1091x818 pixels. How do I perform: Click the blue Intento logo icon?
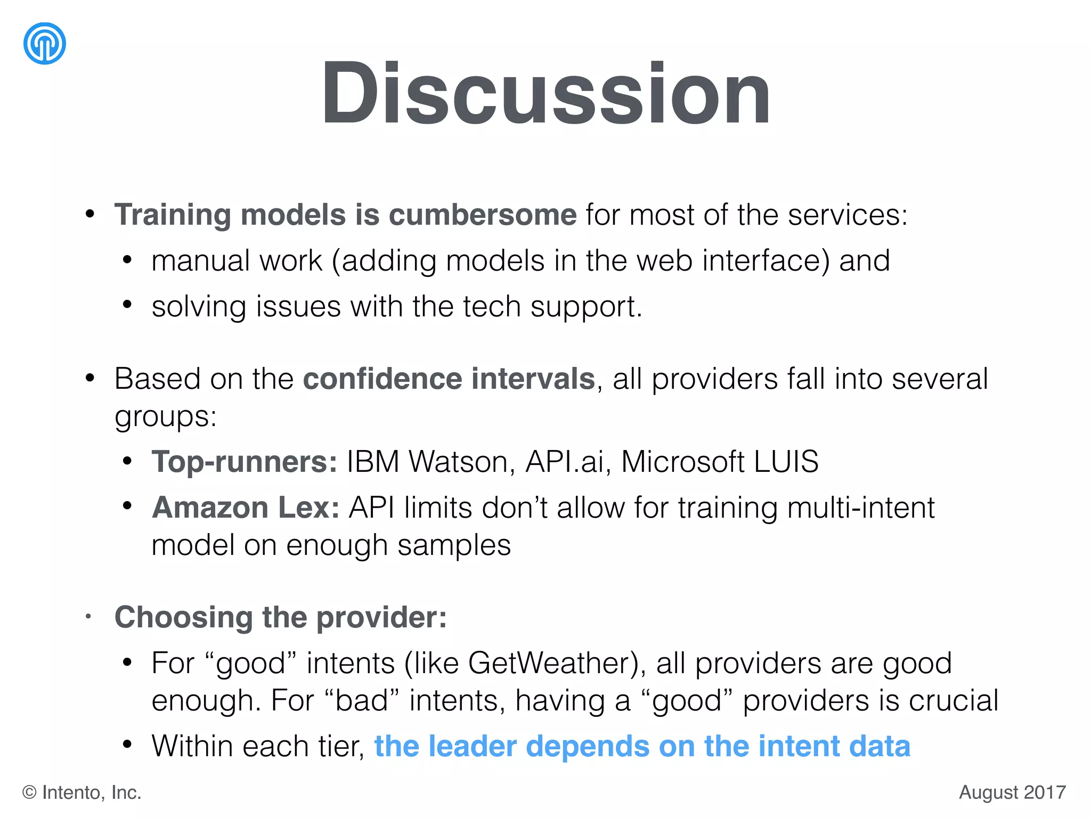[x=45, y=44]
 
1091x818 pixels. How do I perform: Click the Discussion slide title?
[x=545, y=94]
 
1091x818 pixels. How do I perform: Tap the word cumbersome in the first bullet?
[x=483, y=215]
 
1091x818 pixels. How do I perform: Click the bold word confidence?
[x=382, y=379]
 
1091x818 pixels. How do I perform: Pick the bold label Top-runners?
[x=245, y=461]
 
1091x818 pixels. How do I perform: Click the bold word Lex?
[x=309, y=507]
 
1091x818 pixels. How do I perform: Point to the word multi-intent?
[x=860, y=507]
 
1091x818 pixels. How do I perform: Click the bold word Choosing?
[x=184, y=617]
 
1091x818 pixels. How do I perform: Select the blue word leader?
[x=473, y=746]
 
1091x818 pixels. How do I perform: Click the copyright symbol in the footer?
[x=29, y=792]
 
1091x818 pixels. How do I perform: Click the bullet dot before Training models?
[x=90, y=215]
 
